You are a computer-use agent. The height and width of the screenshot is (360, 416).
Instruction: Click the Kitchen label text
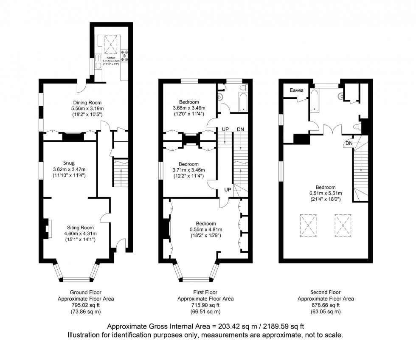pos(111,57)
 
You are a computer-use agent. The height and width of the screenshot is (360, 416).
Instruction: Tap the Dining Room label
pos(87,102)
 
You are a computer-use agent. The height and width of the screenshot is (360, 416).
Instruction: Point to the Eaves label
pos(296,90)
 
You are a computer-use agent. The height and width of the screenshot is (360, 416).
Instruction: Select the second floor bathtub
pos(315,99)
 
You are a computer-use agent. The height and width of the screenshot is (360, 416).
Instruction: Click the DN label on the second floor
pos(349,143)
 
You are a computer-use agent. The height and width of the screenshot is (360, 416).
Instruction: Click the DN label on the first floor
pos(240,129)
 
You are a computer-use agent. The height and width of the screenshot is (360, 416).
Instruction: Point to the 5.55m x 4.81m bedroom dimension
pos(205,230)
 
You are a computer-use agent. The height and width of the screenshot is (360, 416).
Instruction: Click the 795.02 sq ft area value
pos(85,305)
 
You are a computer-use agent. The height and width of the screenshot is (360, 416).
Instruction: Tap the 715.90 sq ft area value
pos(205,305)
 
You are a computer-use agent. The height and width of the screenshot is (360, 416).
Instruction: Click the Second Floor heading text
pos(326,292)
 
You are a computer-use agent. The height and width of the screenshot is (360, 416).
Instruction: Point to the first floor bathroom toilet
pos(243,88)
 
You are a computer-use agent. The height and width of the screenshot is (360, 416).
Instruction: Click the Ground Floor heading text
pos(85,292)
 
